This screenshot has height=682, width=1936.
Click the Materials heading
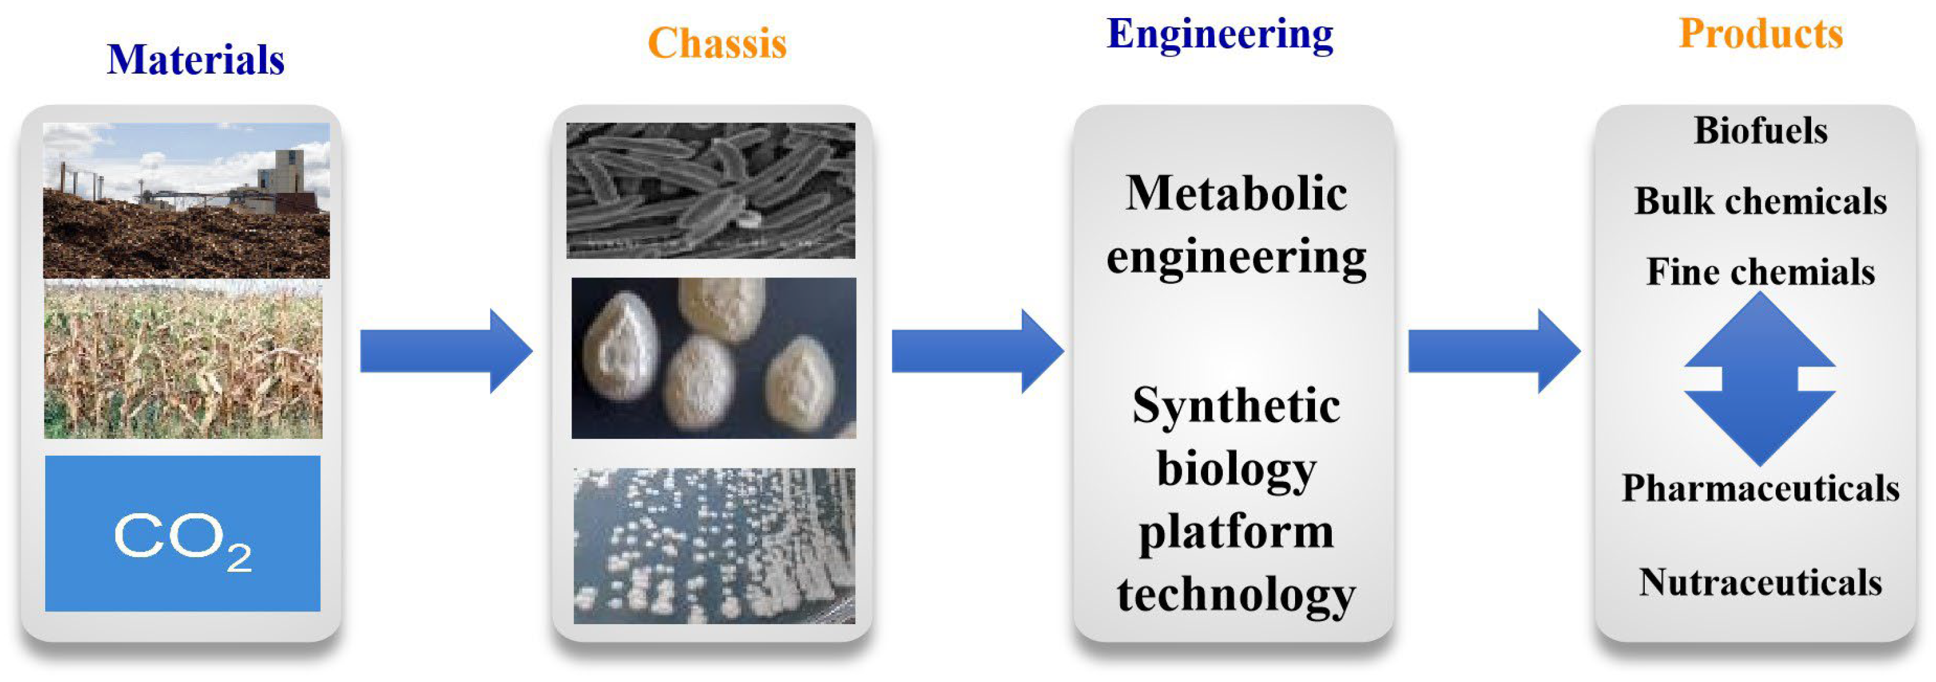click(195, 60)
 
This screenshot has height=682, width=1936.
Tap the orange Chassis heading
click(717, 43)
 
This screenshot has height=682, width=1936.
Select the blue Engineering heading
click(1220, 34)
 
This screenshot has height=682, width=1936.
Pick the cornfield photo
click(183, 359)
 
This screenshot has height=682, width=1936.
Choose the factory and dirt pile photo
click(186, 200)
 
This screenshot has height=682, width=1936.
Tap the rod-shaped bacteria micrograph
click(710, 190)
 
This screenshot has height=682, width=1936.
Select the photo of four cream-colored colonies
click(713, 358)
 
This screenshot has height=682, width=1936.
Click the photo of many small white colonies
click(714, 546)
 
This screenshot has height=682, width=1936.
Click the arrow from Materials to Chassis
click(446, 351)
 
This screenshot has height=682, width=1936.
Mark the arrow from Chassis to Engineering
click(977, 351)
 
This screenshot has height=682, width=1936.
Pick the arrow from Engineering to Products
click(1493, 351)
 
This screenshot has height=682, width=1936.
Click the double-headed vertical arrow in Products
click(1759, 379)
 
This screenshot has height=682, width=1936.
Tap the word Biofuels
click(1760, 130)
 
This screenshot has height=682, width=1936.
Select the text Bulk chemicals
click(1760, 201)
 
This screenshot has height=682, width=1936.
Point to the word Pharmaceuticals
click(1760, 488)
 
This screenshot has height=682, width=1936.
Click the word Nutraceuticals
click(1760, 582)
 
